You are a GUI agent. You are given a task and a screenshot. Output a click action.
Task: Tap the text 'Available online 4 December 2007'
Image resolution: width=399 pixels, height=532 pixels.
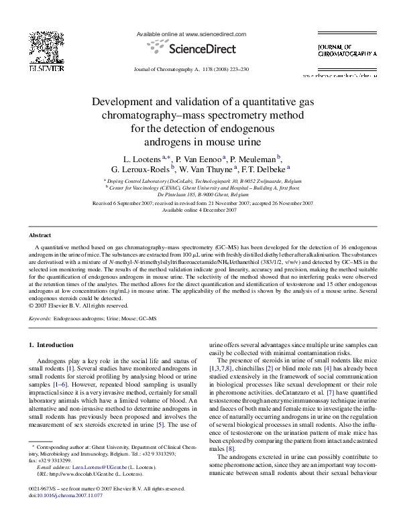[199, 210]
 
